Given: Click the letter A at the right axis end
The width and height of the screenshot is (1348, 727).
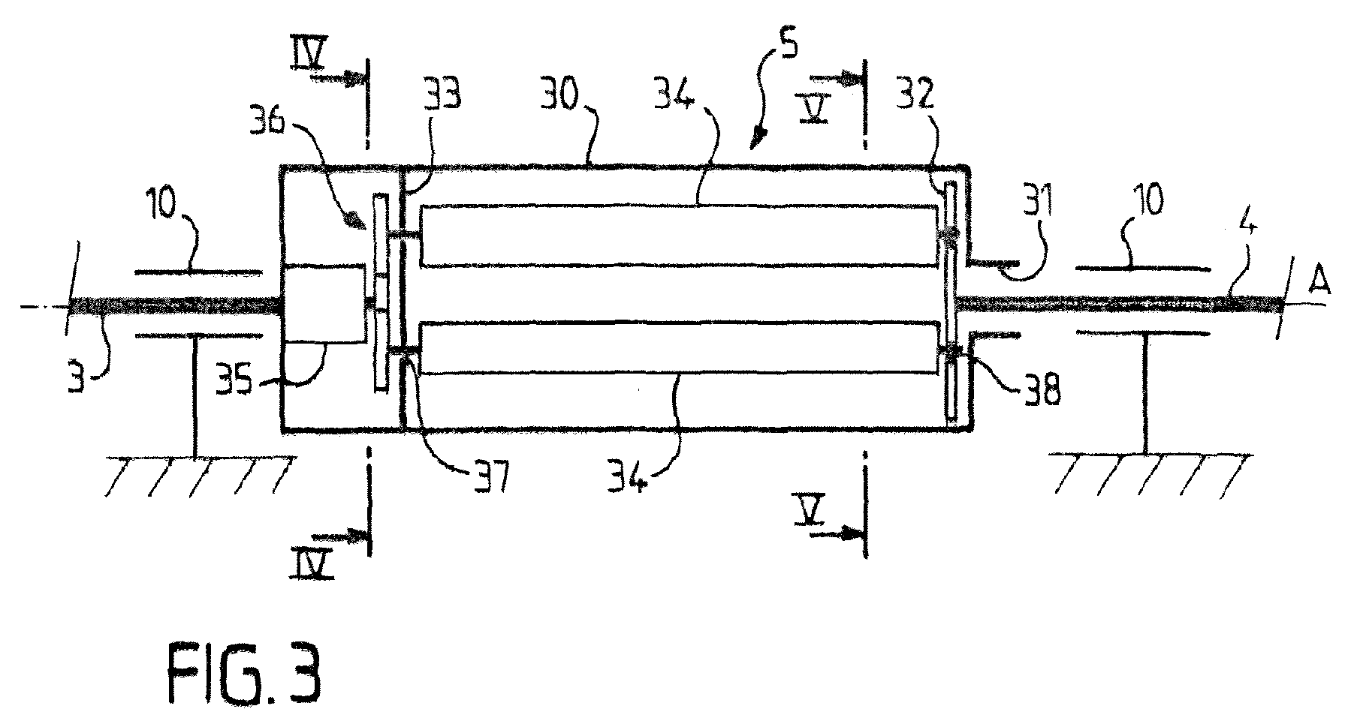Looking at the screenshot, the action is pyautogui.click(x=1313, y=284).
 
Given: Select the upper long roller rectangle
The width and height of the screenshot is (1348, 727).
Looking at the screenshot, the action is pyautogui.click(x=680, y=236).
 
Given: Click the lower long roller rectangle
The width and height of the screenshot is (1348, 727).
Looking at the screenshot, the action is pyautogui.click(x=680, y=348).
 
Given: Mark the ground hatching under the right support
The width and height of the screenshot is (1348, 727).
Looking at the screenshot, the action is pyautogui.click(x=1150, y=475).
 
